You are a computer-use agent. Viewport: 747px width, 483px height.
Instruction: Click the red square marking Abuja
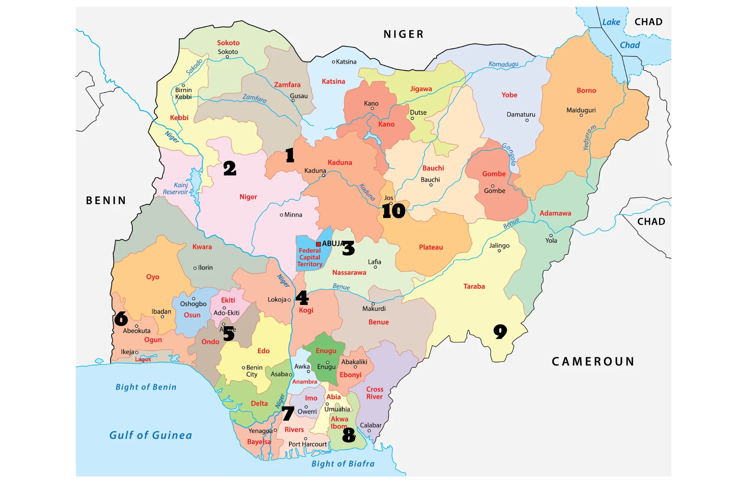click(318, 244)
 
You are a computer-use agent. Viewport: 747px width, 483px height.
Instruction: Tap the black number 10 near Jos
click(393, 211)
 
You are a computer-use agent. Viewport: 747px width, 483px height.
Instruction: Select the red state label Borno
click(586, 90)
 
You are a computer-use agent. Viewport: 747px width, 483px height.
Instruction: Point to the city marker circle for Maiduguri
click(581, 115)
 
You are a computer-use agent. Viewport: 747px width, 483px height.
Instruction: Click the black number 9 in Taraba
click(500, 331)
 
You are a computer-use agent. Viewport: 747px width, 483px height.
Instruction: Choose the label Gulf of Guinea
click(151, 435)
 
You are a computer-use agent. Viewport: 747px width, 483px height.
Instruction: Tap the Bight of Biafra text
click(343, 464)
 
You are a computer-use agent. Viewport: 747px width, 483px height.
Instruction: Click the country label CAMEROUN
click(593, 361)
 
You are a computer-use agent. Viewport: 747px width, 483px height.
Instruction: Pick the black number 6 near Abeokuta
click(121, 318)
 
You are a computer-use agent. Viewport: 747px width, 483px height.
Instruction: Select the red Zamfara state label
click(287, 85)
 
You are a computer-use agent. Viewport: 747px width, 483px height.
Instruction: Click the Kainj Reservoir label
click(176, 188)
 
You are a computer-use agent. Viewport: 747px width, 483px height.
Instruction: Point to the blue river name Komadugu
click(503, 64)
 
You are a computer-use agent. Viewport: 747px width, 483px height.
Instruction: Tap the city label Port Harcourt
click(307, 444)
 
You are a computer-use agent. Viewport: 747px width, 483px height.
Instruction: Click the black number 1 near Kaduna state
click(290, 155)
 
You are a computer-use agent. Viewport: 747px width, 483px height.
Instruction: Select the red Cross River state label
click(374, 393)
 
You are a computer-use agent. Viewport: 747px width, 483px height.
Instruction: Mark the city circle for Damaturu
click(527, 120)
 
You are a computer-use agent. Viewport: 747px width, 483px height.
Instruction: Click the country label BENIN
click(106, 200)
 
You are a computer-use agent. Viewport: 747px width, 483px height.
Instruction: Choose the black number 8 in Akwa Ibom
click(348, 435)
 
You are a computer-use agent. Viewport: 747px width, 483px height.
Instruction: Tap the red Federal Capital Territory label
click(310, 258)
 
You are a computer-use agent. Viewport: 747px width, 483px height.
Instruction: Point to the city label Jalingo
click(499, 246)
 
